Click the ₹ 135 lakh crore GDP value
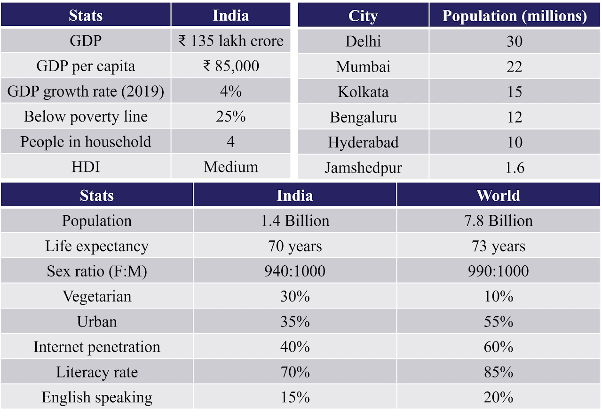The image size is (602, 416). [x=231, y=41]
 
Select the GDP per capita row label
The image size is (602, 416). [x=86, y=66]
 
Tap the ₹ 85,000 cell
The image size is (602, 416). [x=231, y=66]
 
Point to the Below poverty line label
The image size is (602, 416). [x=86, y=116]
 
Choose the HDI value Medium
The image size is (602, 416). [x=231, y=167]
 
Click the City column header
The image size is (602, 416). [x=363, y=16]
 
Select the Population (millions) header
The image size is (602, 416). [x=515, y=16]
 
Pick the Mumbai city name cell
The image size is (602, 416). [x=363, y=66]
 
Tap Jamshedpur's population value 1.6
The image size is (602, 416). [x=515, y=168]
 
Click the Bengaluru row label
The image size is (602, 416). [x=363, y=117]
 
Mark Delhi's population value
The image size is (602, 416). [x=515, y=41]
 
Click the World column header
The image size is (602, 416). [x=498, y=196]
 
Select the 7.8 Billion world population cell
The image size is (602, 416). [x=498, y=221]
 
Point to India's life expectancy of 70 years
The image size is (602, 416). [x=295, y=246]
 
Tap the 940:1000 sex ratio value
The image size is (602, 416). [x=295, y=271]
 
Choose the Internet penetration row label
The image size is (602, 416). [x=97, y=347]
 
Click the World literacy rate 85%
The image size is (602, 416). [x=498, y=372]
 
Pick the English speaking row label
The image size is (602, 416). [x=97, y=398]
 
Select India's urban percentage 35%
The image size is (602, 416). [x=295, y=322]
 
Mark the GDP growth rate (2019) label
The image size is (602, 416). [x=86, y=91]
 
